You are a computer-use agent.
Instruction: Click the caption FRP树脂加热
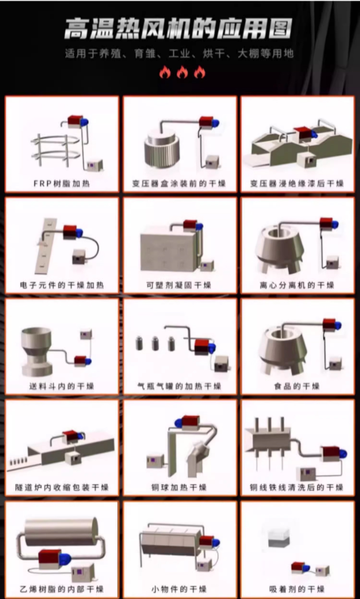click(61, 183)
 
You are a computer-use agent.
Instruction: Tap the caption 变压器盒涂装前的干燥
click(179, 183)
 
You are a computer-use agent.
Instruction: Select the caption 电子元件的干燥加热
click(62, 285)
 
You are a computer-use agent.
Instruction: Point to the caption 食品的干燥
click(297, 386)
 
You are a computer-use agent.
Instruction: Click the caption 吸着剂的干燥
click(297, 589)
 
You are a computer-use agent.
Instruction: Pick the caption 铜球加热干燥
click(179, 488)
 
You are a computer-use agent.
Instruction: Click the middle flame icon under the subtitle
click(182, 72)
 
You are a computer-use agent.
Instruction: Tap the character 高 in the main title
click(77, 29)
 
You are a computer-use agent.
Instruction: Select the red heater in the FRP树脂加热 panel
click(75, 121)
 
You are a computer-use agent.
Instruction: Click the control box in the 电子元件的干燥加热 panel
click(79, 257)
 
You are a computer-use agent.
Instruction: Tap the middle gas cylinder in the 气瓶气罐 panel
click(156, 343)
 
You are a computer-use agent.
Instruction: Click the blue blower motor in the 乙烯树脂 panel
click(65, 559)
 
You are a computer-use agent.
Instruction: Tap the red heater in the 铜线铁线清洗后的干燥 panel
click(331, 453)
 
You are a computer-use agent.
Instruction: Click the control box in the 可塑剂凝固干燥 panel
click(207, 265)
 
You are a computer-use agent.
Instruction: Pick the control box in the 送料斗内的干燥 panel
click(86, 334)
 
